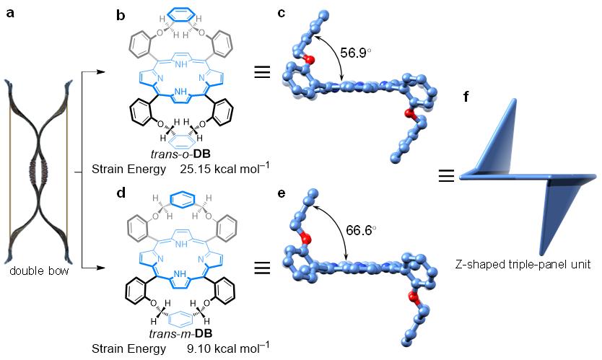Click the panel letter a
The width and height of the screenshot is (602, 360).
click(11, 14)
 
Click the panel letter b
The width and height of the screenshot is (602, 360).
click(121, 14)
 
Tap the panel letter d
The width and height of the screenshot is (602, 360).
click(121, 193)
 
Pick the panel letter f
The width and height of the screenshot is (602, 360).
click(466, 96)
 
